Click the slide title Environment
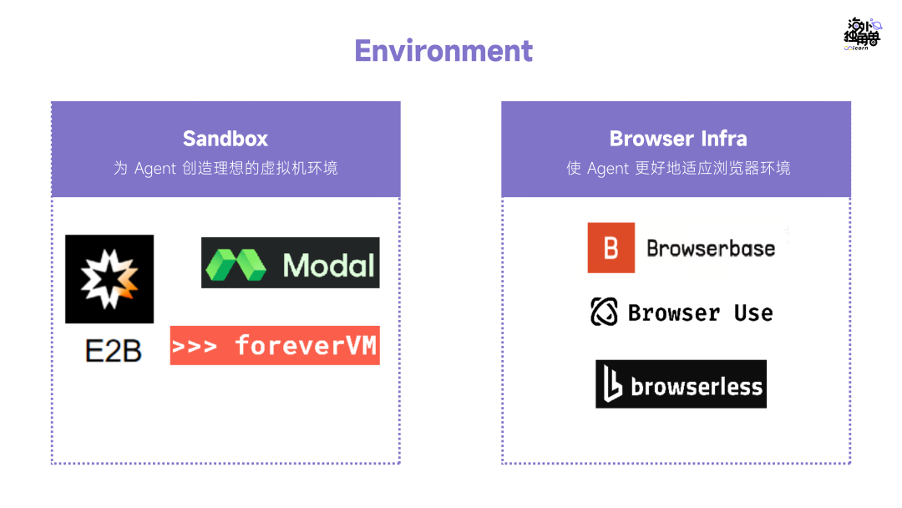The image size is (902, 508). pos(443,51)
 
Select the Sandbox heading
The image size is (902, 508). pos(225,139)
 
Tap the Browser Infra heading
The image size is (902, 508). pos(677,139)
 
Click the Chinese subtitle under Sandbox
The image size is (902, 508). pos(225,169)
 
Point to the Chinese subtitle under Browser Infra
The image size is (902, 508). pos(677,169)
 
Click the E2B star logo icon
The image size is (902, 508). pos(109,279)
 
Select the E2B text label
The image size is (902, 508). pos(113,350)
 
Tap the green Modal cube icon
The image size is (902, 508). pos(236,264)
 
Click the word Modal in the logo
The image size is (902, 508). pos(328,265)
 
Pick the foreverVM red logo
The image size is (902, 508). pos(275,345)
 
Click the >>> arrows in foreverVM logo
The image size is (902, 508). pos(195,346)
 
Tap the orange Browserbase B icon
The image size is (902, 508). pos(611,248)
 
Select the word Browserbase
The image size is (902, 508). pos(711,249)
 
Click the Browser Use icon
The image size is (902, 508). pos(604,312)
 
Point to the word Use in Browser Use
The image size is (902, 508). pos(753,313)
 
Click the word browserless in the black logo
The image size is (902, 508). pos(697,386)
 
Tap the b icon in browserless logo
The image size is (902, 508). pos(614,385)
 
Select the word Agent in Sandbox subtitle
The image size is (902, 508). pos(155,169)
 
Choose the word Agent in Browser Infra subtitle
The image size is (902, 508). pos(608,169)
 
